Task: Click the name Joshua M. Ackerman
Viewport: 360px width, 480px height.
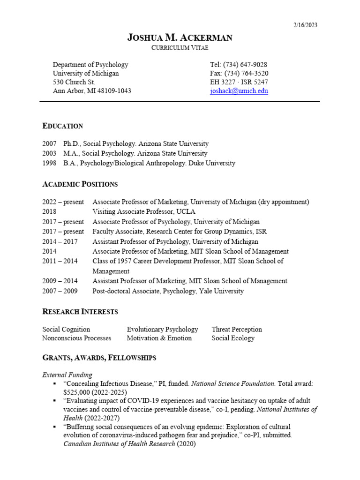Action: (x=180, y=38)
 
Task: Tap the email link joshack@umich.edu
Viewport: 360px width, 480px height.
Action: (x=239, y=91)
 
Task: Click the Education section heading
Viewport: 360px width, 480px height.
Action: (x=63, y=126)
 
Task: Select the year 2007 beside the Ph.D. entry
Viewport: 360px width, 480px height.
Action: (x=49, y=144)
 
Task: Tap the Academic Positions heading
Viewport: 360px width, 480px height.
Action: (x=80, y=184)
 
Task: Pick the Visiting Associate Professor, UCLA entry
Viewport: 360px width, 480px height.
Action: (x=144, y=212)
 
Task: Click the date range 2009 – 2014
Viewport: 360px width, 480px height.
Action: (x=60, y=281)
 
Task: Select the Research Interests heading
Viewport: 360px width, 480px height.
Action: (x=80, y=312)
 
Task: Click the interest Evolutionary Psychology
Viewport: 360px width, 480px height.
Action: (x=162, y=330)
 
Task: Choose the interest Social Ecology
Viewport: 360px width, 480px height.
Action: (x=233, y=338)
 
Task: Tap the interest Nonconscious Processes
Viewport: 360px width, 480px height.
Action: (x=77, y=338)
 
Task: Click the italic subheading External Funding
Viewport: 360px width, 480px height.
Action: (x=67, y=375)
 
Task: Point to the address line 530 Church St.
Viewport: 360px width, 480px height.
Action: (x=74, y=82)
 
